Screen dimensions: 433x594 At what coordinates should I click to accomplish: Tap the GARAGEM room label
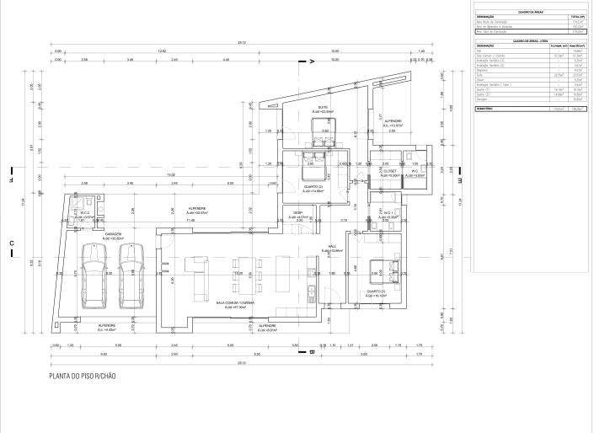114,236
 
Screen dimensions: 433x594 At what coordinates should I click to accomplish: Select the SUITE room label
323,109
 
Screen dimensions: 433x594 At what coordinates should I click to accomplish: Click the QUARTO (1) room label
376,294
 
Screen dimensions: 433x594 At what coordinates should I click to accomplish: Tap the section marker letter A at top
312,62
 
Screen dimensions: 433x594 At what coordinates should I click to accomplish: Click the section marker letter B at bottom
311,351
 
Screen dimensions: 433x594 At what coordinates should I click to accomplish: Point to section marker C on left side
12,244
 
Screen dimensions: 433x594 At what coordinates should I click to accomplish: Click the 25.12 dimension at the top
241,42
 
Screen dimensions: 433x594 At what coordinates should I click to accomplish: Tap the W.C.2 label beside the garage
86,214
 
